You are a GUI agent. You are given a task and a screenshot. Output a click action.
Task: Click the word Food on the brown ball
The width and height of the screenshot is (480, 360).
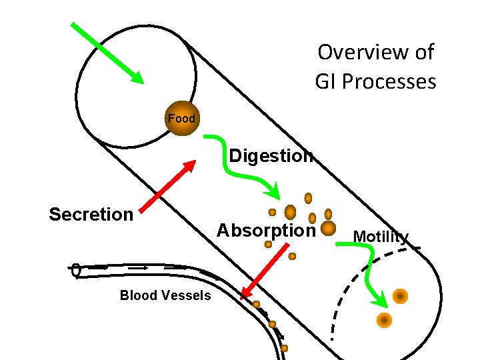(x=181, y=119)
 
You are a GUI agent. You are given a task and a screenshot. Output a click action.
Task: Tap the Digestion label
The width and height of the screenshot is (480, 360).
(x=271, y=156)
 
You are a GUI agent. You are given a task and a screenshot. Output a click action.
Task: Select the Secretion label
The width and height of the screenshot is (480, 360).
(x=91, y=214)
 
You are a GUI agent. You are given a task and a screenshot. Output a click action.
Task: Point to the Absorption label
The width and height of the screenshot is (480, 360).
(x=265, y=231)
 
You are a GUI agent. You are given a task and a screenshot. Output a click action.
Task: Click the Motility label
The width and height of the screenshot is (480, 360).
(x=381, y=237)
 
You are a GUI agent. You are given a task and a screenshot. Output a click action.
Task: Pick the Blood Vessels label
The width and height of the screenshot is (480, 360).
(x=165, y=295)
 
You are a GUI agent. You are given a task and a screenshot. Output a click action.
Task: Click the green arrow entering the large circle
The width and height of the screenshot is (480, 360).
(x=107, y=53)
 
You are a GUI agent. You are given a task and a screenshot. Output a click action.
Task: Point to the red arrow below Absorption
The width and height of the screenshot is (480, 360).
(x=266, y=269)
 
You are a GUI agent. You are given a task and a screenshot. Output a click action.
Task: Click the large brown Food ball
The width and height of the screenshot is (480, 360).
(x=181, y=119)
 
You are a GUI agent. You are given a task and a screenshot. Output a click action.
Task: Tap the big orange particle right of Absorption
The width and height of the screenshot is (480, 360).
(x=328, y=229)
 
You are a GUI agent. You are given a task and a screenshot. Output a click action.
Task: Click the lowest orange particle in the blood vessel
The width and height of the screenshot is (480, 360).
(x=285, y=348)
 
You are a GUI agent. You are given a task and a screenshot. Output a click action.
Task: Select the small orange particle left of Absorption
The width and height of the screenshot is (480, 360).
(x=268, y=245)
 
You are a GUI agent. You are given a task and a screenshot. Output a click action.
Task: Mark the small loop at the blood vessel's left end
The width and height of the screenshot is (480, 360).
(x=76, y=270)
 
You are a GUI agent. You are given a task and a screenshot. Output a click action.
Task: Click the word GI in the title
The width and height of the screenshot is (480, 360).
(x=327, y=81)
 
